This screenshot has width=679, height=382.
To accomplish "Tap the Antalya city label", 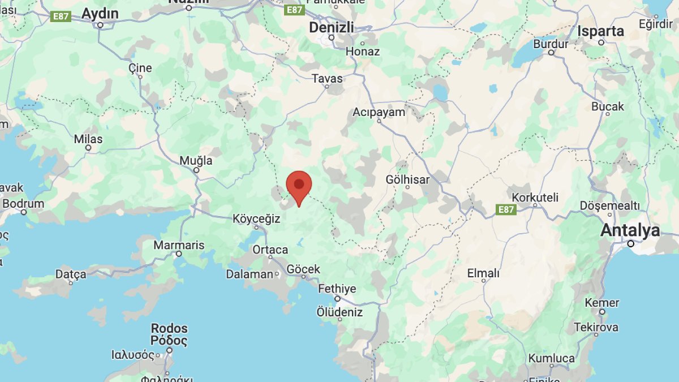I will [x=630, y=231].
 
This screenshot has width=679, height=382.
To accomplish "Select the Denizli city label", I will [x=332, y=27].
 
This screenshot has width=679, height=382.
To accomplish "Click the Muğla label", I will [x=196, y=161].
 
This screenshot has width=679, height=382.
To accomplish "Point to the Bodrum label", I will [x=23, y=204].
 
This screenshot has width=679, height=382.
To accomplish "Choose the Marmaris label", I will [x=179, y=246].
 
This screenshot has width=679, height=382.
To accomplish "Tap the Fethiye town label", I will [x=337, y=289].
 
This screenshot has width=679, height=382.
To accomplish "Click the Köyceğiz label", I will [x=256, y=218].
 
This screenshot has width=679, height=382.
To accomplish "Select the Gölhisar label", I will [x=407, y=179].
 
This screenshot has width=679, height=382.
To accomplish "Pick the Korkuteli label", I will [x=535, y=198].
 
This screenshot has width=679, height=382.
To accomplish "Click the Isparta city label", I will [x=601, y=32].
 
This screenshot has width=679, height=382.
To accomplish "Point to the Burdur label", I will [x=551, y=44].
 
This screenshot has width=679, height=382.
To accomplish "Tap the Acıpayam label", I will [x=379, y=112].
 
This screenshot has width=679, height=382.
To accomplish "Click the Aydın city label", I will [x=100, y=14].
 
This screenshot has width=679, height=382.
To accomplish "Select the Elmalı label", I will [x=483, y=273].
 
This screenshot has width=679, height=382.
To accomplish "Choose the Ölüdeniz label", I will [x=339, y=312].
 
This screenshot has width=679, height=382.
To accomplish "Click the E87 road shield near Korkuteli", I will [x=506, y=210].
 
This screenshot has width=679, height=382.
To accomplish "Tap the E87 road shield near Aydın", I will [x=61, y=16].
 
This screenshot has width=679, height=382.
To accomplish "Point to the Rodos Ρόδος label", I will [x=169, y=334].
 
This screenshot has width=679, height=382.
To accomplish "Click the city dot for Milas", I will [x=88, y=148].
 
